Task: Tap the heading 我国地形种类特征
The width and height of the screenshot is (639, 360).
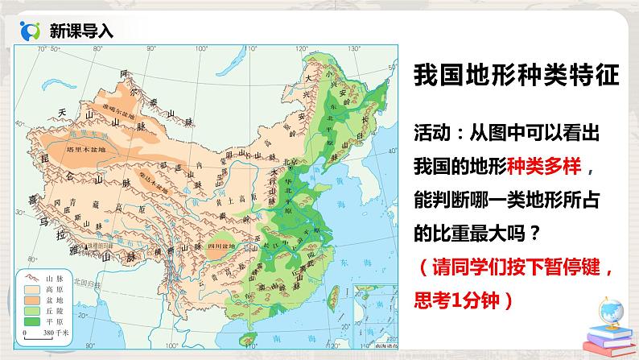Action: point(514,78)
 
